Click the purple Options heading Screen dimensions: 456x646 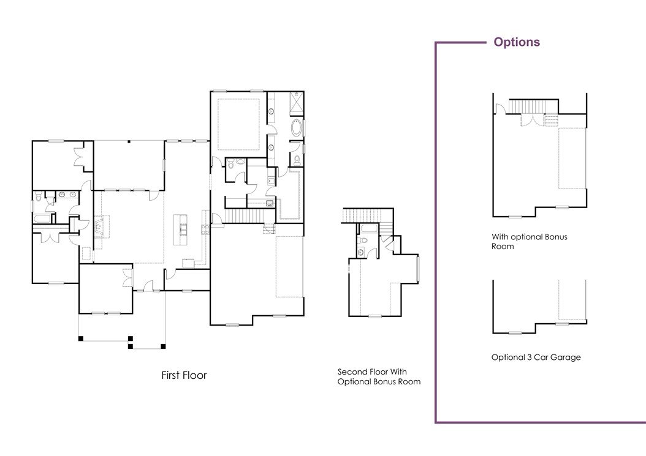517,42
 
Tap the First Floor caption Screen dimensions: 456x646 184,375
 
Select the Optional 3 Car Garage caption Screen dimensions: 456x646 536,357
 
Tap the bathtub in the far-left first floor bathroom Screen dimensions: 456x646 42,219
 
